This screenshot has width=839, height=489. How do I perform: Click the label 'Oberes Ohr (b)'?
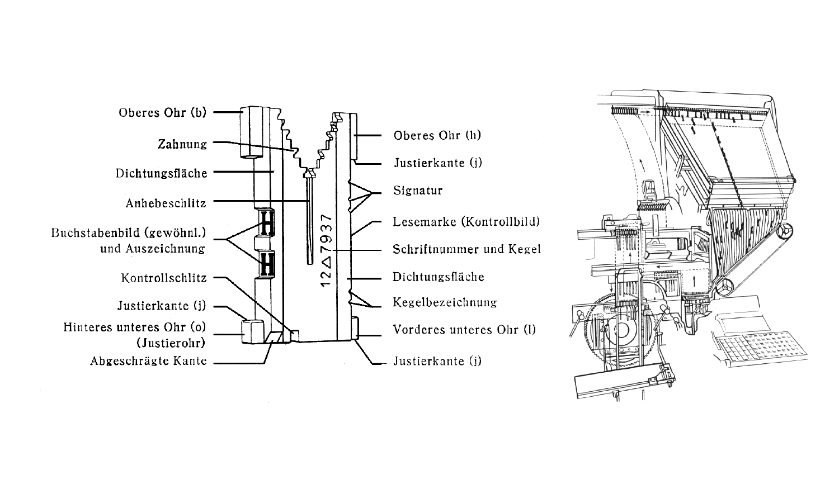click(x=162, y=112)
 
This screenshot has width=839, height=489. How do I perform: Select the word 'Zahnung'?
click(x=182, y=144)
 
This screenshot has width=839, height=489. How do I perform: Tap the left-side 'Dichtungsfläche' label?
click(x=161, y=173)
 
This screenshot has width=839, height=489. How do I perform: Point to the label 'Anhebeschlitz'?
click(x=166, y=203)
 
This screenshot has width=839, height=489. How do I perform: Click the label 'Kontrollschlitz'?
click(x=164, y=278)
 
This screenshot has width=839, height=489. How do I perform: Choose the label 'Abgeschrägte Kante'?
click(x=148, y=361)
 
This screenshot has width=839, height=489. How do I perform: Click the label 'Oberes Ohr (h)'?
click(x=437, y=135)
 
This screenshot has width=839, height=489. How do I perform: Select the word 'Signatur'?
click(x=418, y=191)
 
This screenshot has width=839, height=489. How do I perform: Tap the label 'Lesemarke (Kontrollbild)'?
click(x=466, y=222)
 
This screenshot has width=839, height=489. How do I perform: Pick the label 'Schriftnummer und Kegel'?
click(x=466, y=249)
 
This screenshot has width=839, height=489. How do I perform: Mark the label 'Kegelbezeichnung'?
click(x=445, y=302)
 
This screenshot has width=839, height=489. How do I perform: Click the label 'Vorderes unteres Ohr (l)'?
click(x=464, y=329)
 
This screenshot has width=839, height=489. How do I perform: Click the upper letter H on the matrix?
click(x=267, y=222)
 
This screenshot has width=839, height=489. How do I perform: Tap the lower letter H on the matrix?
click(x=267, y=264)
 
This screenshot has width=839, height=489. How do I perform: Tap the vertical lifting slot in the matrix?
click(x=309, y=218)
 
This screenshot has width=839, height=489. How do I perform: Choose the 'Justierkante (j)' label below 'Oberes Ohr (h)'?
click(x=437, y=163)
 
